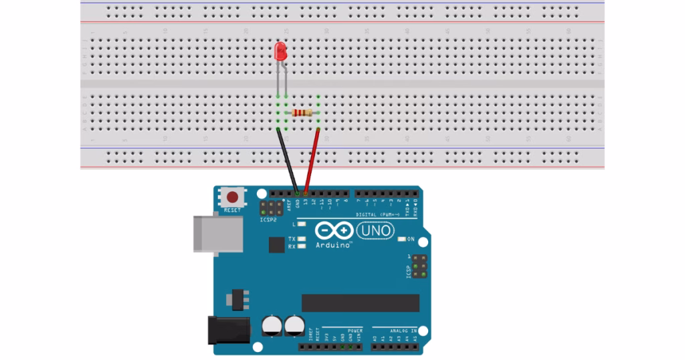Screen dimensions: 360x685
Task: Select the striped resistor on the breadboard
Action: [303, 112]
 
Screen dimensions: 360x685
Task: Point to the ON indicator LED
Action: [401, 239]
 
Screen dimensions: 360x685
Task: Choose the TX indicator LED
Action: [302, 239]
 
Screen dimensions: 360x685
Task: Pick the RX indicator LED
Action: [302, 246]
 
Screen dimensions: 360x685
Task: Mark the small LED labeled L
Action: [302, 225]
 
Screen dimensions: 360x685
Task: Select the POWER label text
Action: [355, 331]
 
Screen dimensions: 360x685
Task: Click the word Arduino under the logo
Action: [332, 246]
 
